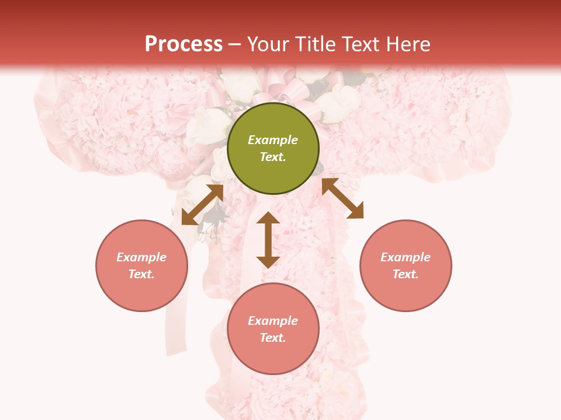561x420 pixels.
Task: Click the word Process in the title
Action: click(183, 44)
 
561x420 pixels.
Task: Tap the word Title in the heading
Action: click(316, 44)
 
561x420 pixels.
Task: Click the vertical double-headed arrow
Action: click(268, 240)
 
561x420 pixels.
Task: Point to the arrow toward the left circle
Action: click(202, 205)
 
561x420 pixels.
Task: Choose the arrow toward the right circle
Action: click(342, 198)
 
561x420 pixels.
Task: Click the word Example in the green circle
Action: click(273, 140)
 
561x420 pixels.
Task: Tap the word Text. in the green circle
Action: click(273, 157)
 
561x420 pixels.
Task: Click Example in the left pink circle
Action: click(141, 257)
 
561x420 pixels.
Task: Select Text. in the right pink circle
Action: click(406, 274)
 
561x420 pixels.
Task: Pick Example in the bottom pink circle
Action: click(273, 321)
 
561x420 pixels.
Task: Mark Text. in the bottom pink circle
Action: click(273, 338)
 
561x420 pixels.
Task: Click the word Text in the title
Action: click(359, 44)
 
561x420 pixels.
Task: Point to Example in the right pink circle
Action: click(406, 257)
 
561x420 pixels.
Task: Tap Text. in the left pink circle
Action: click(141, 274)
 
